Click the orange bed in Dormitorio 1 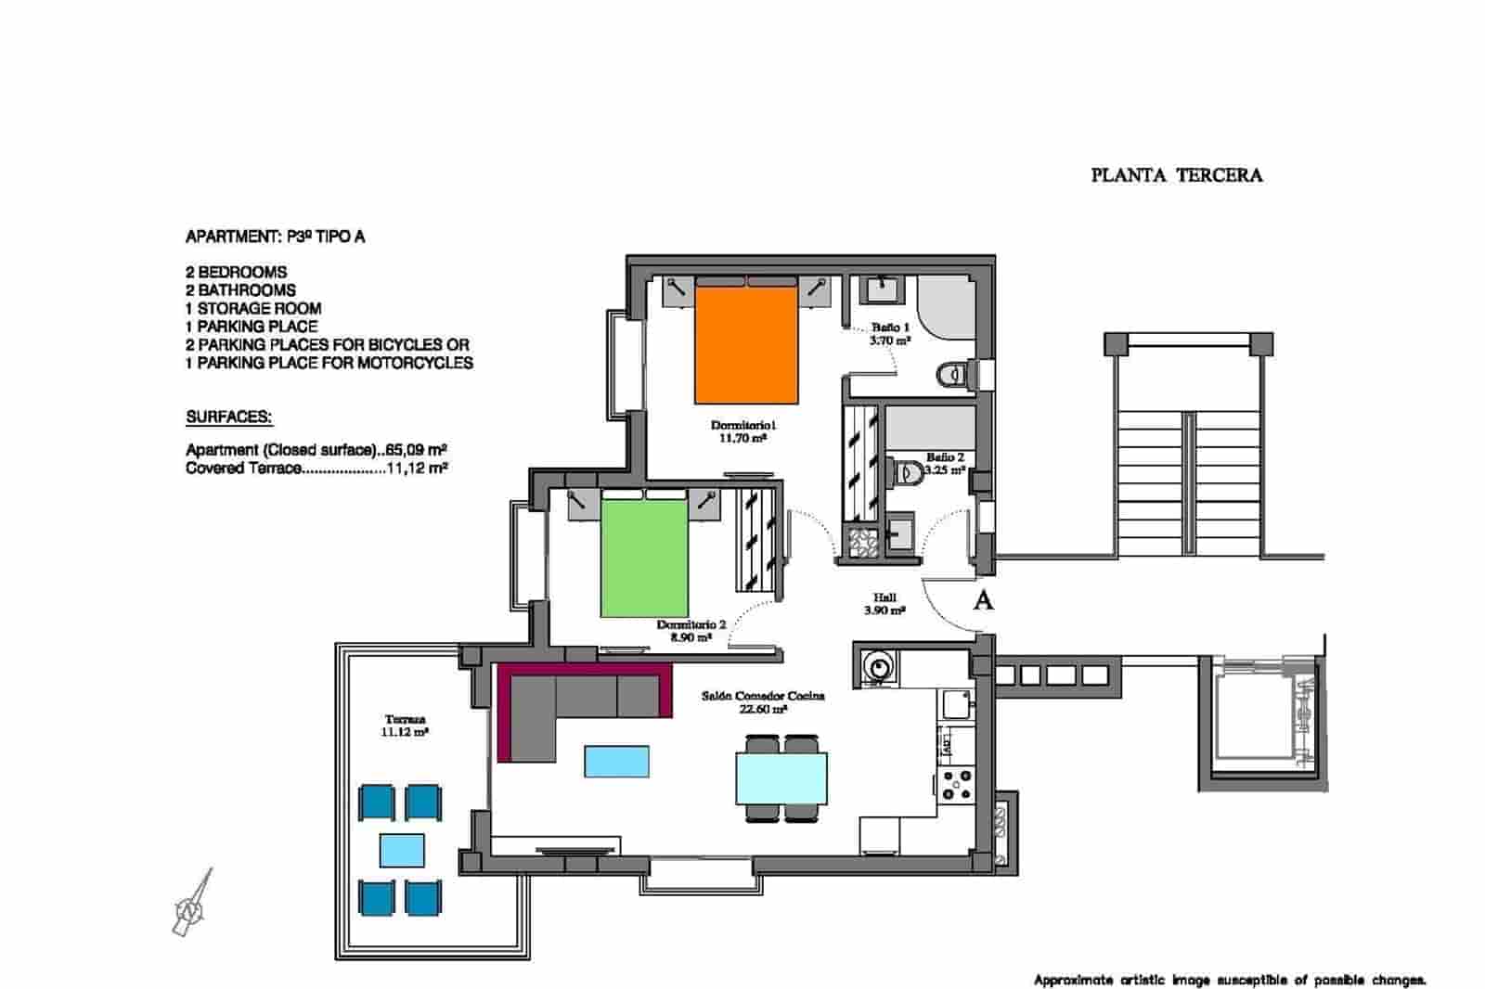coord(746,345)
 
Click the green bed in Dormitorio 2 coord(644,557)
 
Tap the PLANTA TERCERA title coord(1176,175)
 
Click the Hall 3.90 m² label coord(884,604)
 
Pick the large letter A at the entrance coord(983,600)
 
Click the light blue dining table coord(781,778)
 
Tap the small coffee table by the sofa coord(616,761)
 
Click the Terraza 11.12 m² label coord(405,726)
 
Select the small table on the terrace coord(403,850)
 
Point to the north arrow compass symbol coord(192,905)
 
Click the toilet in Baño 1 coord(952,375)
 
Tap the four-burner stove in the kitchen coord(956,785)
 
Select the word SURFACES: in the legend coord(228,417)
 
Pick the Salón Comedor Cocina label coord(763,701)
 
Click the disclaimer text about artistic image coord(1229,980)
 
